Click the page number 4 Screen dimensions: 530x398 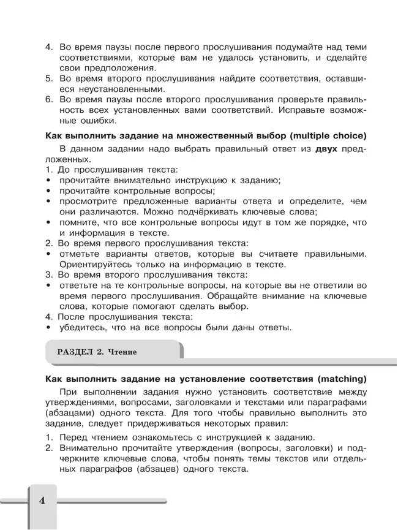tap(42, 501)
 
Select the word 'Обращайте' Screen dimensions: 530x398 tap(233, 296)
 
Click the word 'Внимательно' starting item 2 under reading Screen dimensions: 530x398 tap(90, 448)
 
